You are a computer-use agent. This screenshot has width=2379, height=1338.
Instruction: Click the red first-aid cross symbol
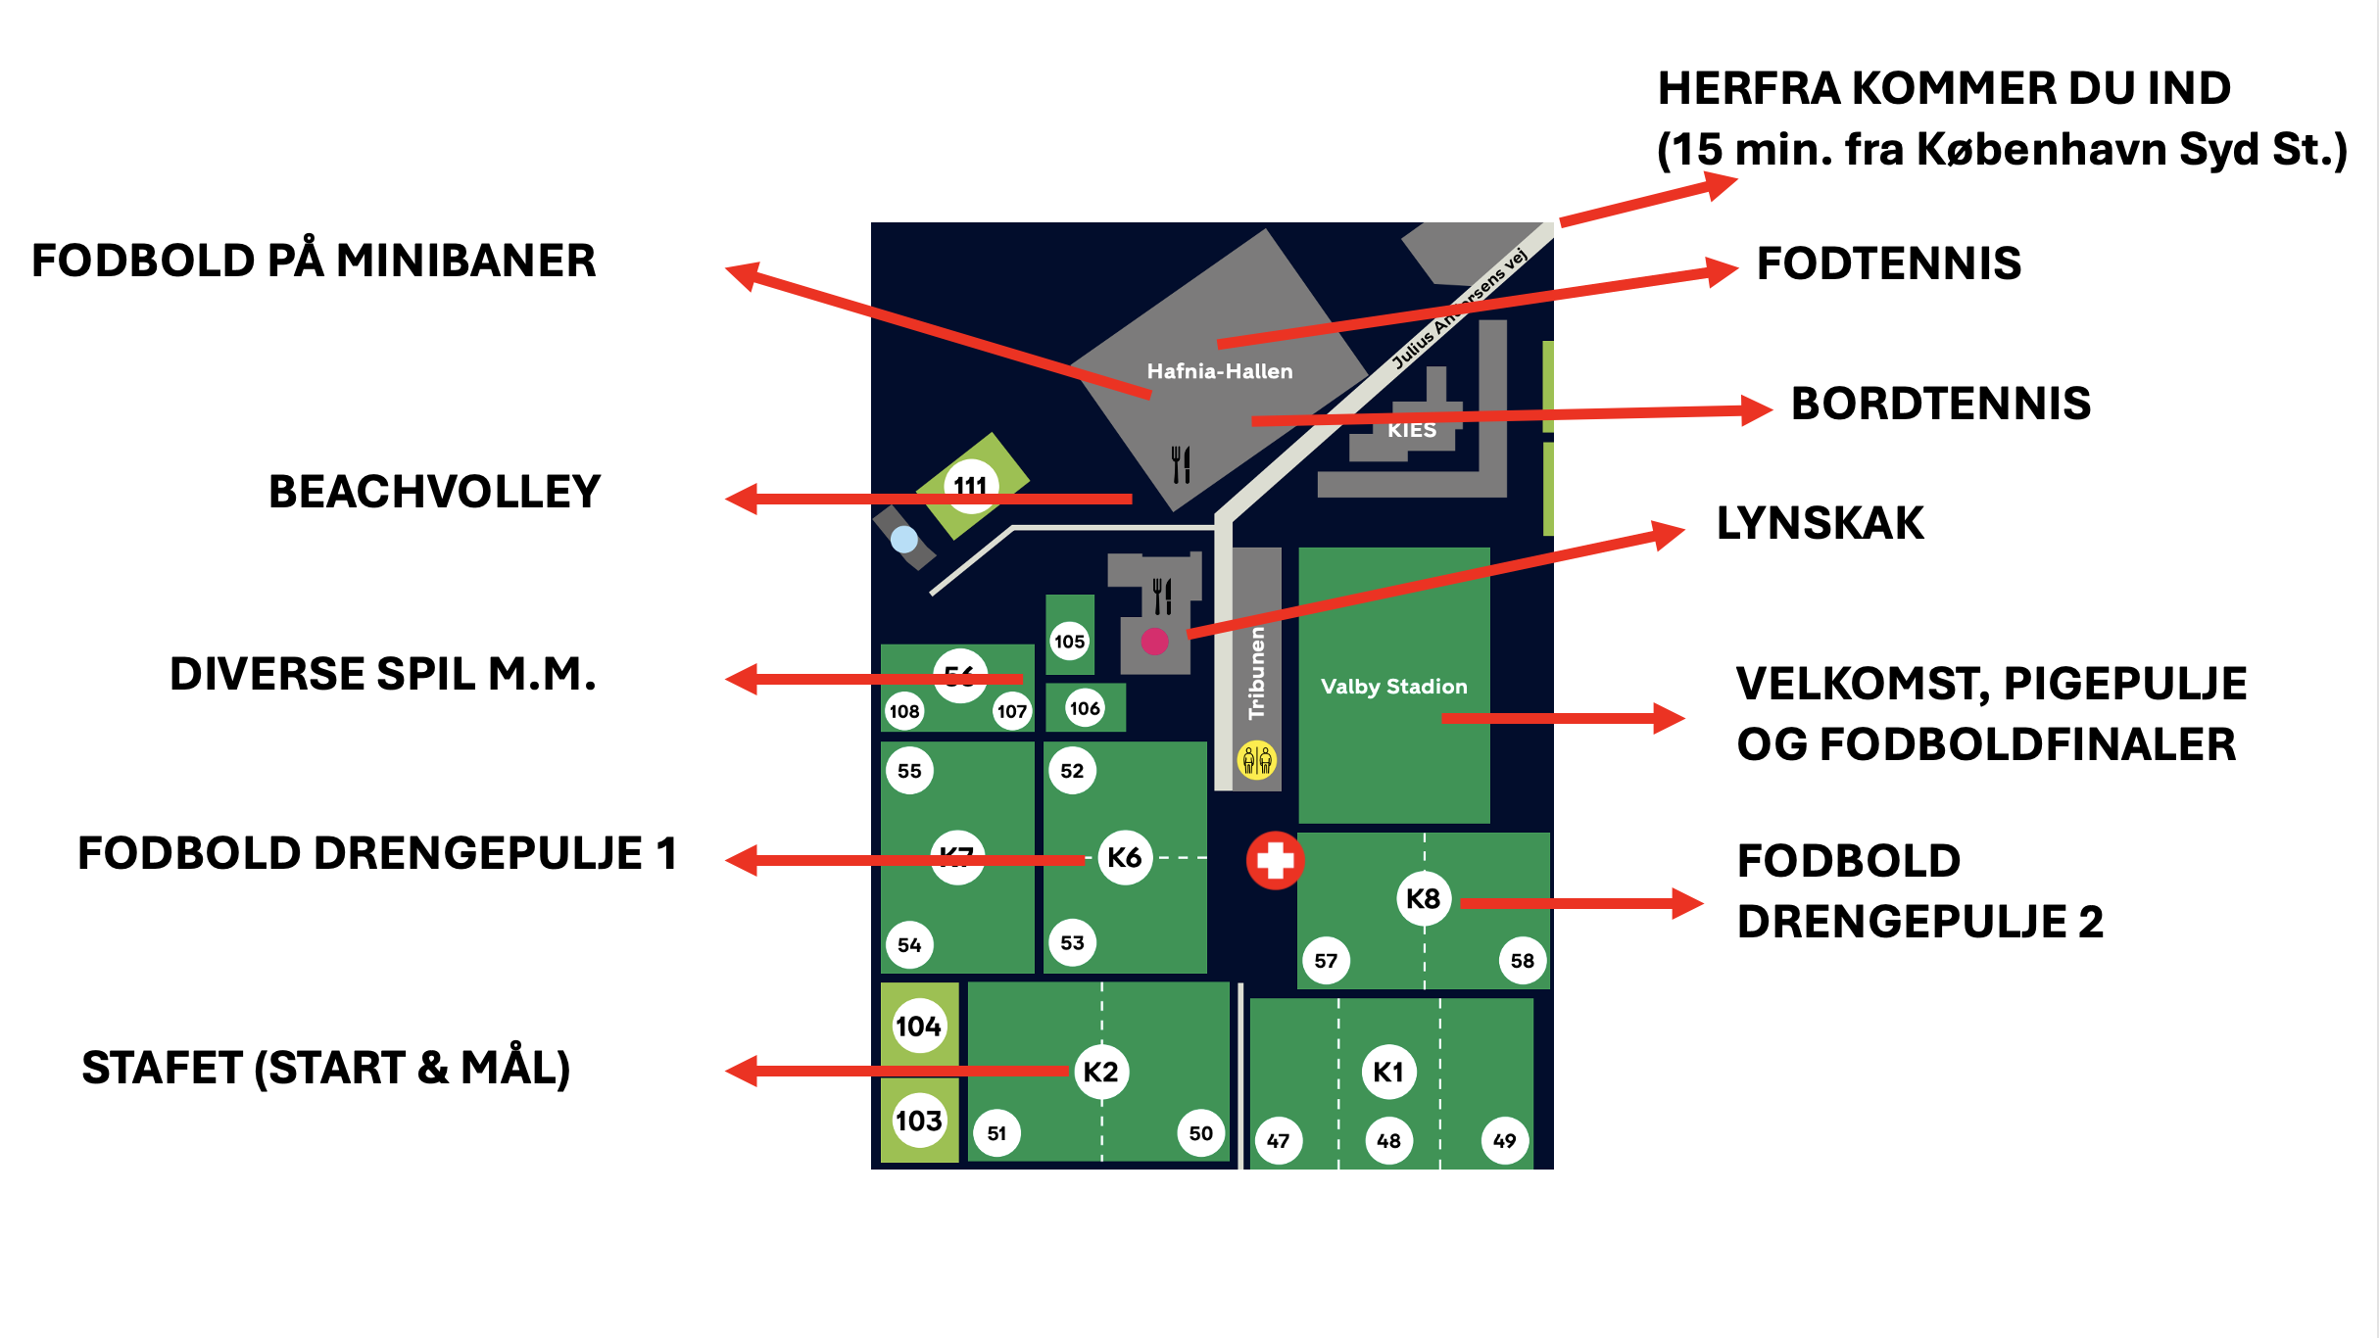click(1275, 861)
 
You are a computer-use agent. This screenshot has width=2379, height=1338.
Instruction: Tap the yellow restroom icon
click(1256, 759)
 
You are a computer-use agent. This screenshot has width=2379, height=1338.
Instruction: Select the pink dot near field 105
click(1154, 642)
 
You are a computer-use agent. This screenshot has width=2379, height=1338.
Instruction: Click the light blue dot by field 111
click(903, 539)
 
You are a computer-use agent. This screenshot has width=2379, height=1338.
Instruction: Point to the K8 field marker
click(1423, 898)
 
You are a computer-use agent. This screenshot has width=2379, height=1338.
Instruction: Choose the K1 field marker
click(1388, 1072)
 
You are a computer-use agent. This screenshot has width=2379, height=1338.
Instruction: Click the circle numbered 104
click(918, 1027)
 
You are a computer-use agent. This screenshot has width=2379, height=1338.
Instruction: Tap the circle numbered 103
click(918, 1120)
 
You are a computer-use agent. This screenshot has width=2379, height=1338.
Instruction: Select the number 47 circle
click(1278, 1140)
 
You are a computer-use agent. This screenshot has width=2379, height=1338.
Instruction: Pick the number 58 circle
click(1522, 961)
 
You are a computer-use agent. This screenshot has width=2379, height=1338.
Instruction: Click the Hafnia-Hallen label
click(1220, 371)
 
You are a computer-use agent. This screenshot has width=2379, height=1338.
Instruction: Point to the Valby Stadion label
click(1393, 687)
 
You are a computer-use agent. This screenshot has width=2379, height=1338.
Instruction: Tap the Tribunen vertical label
click(1257, 674)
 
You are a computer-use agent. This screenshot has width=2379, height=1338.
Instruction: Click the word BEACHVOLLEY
click(434, 492)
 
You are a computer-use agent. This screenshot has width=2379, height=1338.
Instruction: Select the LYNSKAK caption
click(1820, 523)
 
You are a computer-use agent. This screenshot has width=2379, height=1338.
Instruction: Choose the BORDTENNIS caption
click(1940, 404)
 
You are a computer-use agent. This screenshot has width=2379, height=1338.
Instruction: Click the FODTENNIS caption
click(1888, 263)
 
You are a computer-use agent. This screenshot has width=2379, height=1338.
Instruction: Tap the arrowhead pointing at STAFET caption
click(742, 1071)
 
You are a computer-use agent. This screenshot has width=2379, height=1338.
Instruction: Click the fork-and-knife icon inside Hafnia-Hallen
click(1181, 464)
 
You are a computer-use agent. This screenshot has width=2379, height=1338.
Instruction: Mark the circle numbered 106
click(1085, 708)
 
